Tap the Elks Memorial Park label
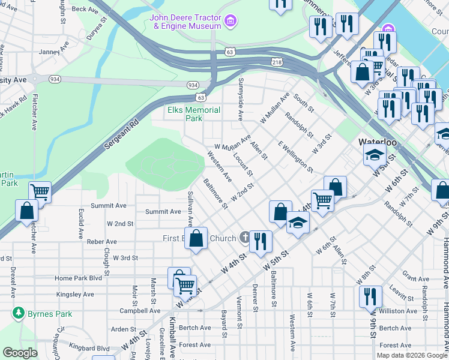pyautogui.click(x=193, y=114)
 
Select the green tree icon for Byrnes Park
pyautogui.click(x=19, y=313)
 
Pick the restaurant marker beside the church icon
pyautogui.click(x=261, y=241)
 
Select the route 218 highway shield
pyautogui.click(x=277, y=62)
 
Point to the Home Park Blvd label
pyautogui.click(x=79, y=278)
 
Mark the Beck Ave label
pyautogui.click(x=84, y=10)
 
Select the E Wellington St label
pyautogui.click(x=295, y=157)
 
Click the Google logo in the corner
pyautogui.click(x=20, y=353)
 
